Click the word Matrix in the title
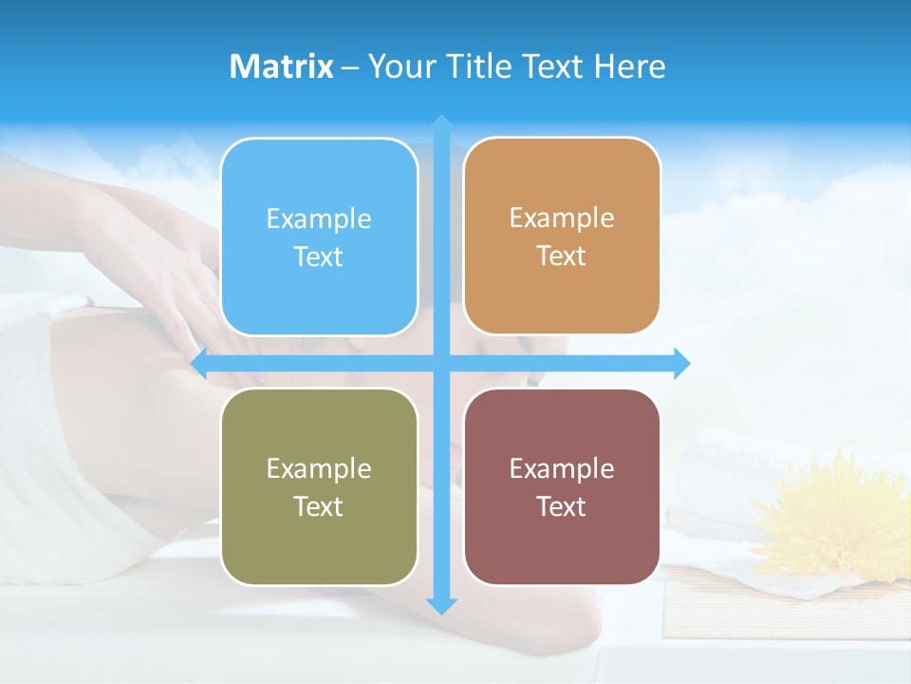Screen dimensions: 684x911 click(282, 66)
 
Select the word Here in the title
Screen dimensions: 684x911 click(629, 66)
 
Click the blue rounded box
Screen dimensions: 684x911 click(319, 237)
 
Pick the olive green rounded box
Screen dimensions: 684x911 click(319, 486)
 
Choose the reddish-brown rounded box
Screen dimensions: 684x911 click(562, 486)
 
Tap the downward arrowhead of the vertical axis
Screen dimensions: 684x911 click(441, 605)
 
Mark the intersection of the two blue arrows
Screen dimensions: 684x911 click(441, 363)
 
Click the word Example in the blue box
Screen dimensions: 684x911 click(319, 219)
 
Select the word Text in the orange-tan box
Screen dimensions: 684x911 click(562, 256)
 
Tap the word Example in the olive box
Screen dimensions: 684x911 click(319, 468)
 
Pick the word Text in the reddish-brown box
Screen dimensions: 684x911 click(562, 506)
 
